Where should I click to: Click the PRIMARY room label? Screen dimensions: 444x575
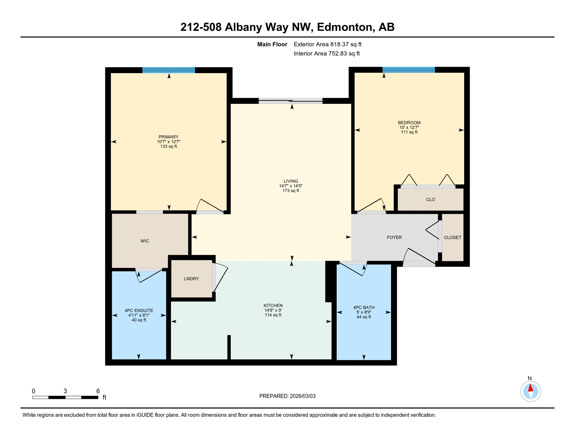tap(168, 137)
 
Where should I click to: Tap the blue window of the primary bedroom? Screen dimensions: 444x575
tap(168, 70)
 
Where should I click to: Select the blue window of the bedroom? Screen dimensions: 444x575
tap(408, 70)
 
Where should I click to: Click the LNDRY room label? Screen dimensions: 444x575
tap(191, 279)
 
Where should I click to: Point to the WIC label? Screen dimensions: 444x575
tap(145, 241)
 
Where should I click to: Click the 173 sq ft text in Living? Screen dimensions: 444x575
tap(291, 191)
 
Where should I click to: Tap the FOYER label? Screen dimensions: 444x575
tap(394, 237)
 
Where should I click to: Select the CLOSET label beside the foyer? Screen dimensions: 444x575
tap(452, 237)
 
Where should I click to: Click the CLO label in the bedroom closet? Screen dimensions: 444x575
tap(430, 199)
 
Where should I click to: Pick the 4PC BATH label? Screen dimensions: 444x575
tap(364, 307)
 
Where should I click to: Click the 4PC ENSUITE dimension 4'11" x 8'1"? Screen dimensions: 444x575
tap(139, 315)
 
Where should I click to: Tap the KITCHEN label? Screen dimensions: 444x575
tap(273, 305)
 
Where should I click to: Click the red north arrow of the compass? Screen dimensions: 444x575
tap(530, 388)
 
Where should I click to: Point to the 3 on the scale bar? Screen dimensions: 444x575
tap(65, 391)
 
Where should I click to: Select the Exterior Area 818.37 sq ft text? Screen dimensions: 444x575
tap(327, 44)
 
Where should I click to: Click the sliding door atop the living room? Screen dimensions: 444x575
tap(290, 101)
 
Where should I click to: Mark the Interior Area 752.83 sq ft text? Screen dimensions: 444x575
tap(327, 53)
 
